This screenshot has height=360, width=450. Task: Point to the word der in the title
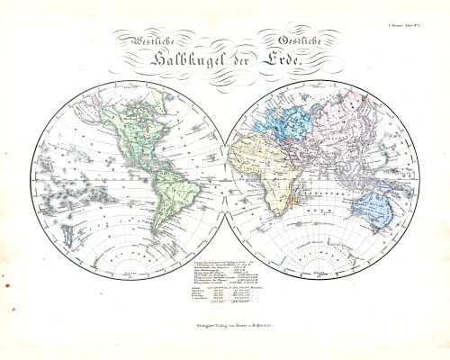coord(238,61)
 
